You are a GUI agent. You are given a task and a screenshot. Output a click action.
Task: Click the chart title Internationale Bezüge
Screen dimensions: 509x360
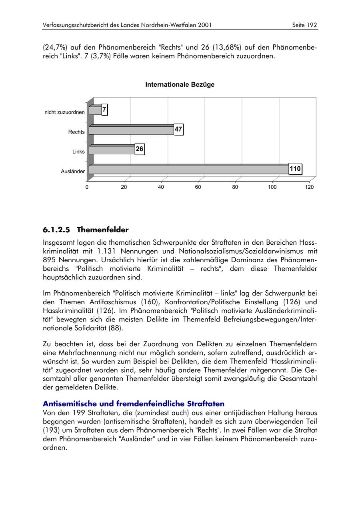pos(180,85)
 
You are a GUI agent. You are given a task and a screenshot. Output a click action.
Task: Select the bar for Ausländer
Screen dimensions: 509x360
pos(188,170)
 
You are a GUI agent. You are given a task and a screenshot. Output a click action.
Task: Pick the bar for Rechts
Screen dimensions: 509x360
pos(131,130)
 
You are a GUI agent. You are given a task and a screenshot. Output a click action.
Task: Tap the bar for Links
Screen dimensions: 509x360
pos(112,150)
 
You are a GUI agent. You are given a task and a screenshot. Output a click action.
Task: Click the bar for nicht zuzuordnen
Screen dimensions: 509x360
pos(95,110)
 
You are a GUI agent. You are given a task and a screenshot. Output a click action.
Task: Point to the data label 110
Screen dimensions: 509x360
pos(295,169)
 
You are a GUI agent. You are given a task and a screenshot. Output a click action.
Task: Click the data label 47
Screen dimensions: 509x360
pos(178,130)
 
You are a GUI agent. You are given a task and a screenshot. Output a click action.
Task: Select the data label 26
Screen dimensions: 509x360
pos(139,149)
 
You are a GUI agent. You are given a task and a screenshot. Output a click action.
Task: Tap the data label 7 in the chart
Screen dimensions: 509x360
pos(104,110)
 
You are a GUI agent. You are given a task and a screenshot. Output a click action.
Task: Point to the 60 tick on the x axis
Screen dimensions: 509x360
pos(198,187)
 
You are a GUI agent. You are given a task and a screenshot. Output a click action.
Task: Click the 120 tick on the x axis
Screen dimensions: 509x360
pos(309,187)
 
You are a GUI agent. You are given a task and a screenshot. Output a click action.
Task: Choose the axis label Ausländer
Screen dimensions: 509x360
pos(73,172)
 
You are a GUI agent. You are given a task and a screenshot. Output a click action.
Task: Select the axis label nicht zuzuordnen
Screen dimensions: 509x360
pos(65,112)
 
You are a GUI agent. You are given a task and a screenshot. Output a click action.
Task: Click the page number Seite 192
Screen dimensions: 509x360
pos(305,25)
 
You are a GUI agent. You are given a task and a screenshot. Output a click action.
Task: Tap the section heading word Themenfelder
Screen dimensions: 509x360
pos(103,230)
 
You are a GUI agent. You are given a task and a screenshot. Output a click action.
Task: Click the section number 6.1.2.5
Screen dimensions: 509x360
pos(56,230)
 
